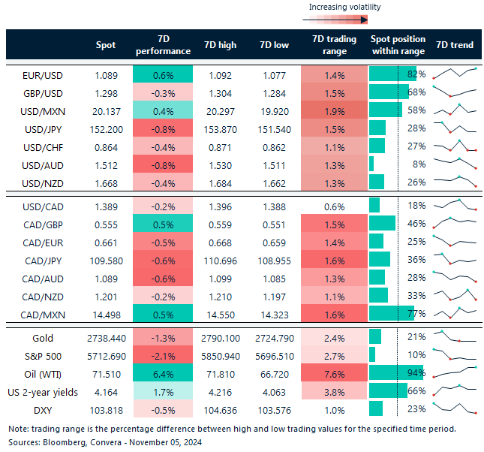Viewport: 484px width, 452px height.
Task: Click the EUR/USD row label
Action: [x=44, y=75]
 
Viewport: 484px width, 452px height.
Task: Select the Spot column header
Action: [x=106, y=45]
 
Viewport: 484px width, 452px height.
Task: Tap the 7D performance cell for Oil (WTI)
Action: [x=163, y=373]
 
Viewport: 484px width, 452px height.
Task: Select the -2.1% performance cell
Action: [x=163, y=356]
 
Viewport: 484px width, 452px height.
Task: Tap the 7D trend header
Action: [x=455, y=45]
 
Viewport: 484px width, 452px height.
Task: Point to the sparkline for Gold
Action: [x=455, y=338]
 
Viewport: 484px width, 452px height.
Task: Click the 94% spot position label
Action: [x=416, y=373]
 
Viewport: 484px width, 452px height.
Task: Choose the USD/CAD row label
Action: [x=44, y=206]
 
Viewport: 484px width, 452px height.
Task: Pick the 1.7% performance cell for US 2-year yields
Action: [x=163, y=390]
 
